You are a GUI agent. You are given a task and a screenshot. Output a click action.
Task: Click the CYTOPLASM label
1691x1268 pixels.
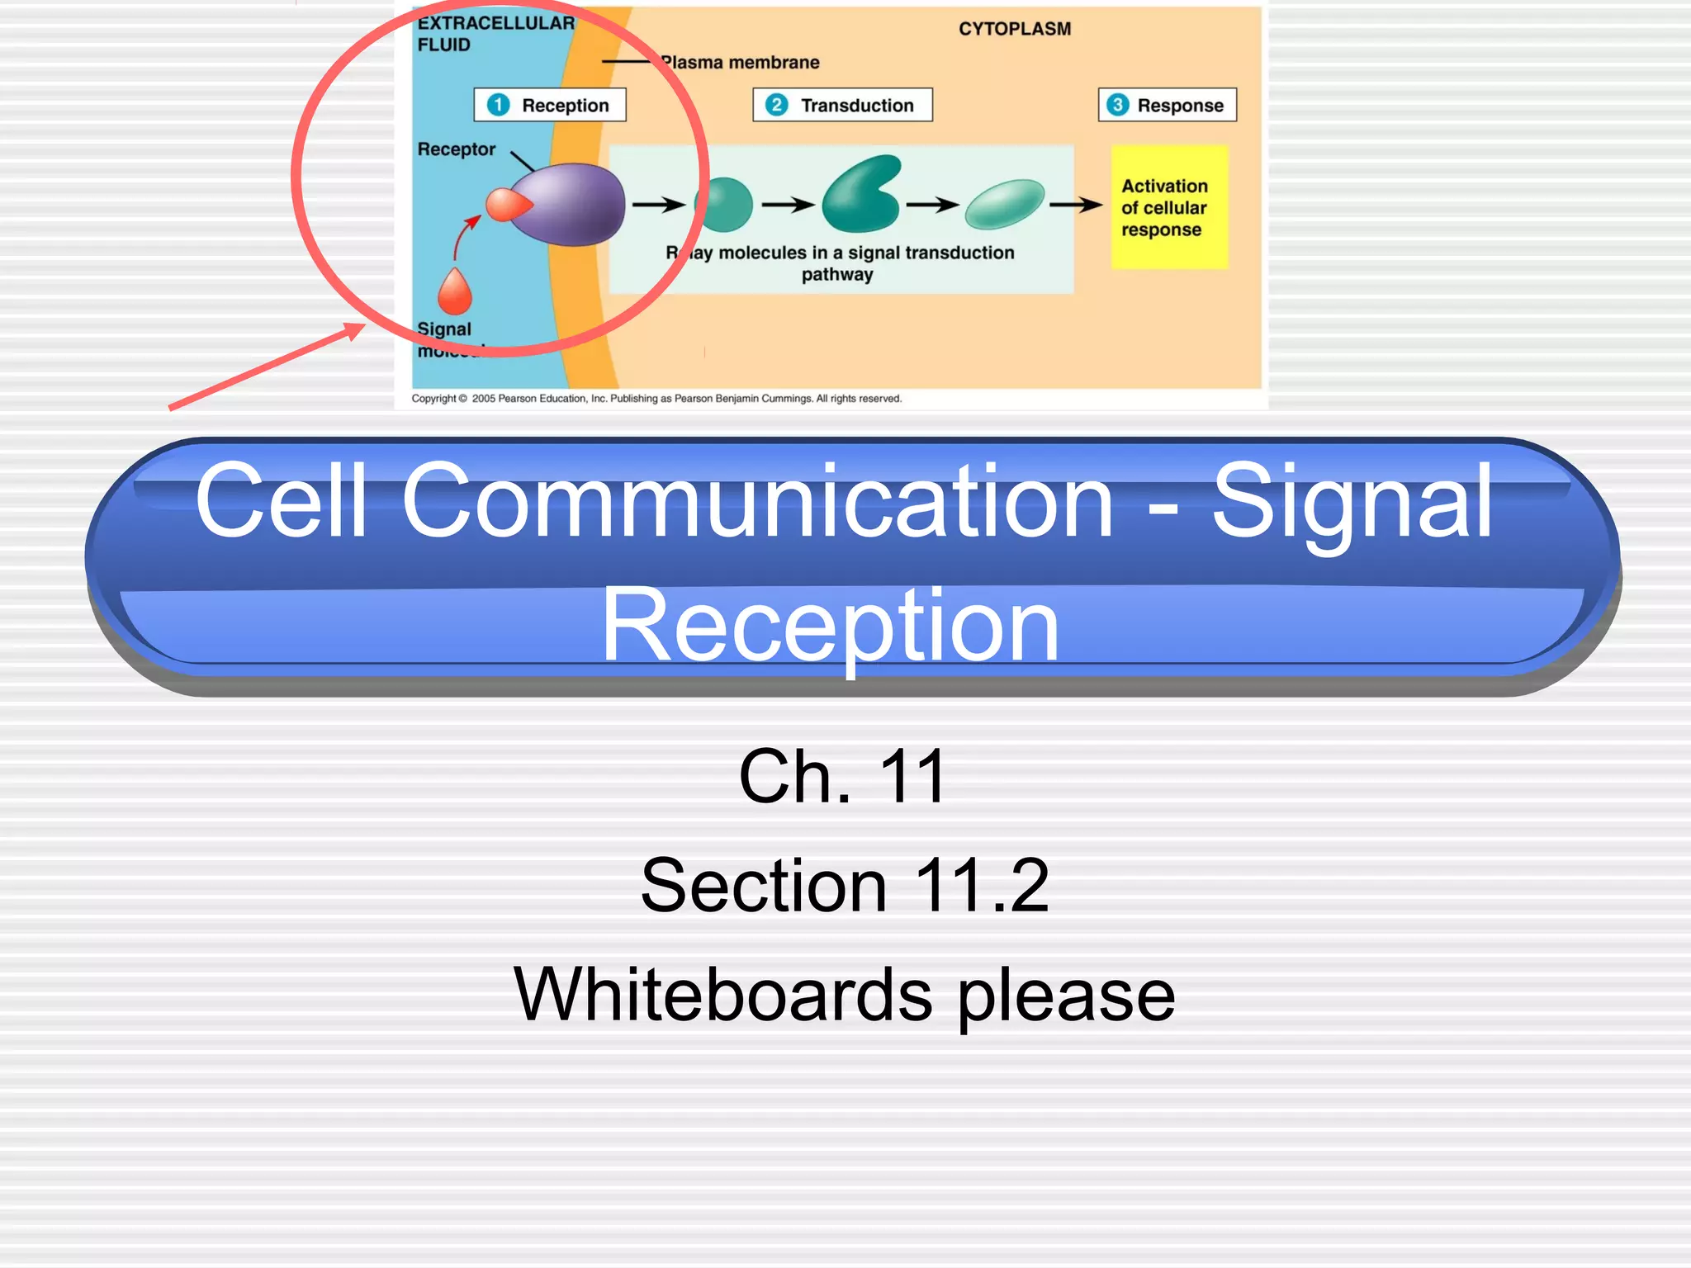click(1014, 29)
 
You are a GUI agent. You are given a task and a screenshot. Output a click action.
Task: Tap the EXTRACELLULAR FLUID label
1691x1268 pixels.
click(495, 34)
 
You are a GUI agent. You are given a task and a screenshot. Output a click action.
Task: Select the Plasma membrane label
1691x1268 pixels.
click(740, 63)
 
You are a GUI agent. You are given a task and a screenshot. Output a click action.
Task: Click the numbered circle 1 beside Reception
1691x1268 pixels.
click(499, 105)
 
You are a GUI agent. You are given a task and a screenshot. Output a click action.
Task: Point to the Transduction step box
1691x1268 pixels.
click(842, 105)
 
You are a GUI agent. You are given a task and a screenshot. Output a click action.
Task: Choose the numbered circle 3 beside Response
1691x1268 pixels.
click(1117, 105)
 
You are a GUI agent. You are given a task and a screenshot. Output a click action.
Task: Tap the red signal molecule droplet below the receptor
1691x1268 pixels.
click(454, 291)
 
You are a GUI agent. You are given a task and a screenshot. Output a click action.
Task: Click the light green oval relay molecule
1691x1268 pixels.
click(1005, 203)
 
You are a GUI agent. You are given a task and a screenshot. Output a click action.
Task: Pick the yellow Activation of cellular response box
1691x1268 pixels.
click(1168, 207)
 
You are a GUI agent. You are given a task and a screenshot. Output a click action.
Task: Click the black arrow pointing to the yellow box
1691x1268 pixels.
click(1075, 204)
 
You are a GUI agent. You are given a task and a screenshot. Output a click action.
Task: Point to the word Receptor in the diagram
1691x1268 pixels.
click(456, 149)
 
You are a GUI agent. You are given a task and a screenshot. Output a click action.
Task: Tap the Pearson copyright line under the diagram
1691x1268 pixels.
click(656, 399)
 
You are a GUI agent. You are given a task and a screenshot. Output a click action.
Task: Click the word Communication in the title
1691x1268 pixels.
click(757, 501)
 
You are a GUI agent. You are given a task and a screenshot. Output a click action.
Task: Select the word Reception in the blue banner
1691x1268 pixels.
click(830, 625)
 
